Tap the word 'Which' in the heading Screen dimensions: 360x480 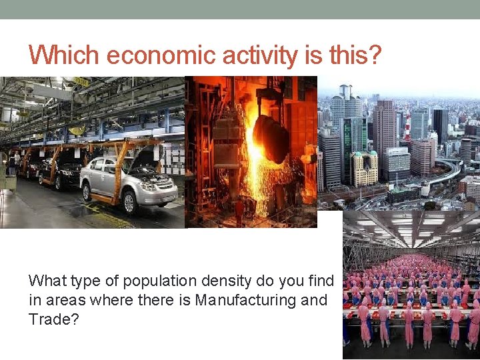click(64, 55)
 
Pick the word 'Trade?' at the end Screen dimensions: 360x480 click(54, 320)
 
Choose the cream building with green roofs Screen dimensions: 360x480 click(363, 168)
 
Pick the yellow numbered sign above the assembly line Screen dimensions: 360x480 click(81, 81)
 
